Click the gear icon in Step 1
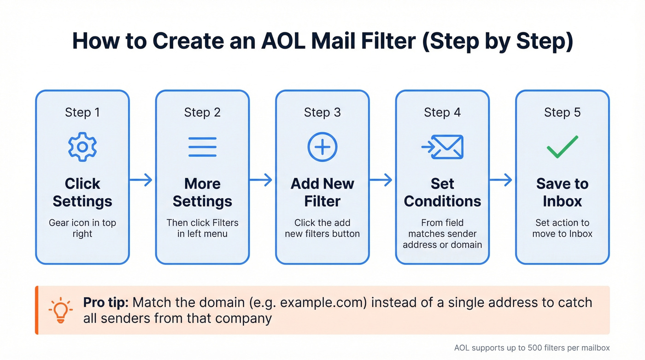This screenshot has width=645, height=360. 82,147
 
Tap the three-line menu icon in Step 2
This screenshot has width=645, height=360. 202,147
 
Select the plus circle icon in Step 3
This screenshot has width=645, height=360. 322,147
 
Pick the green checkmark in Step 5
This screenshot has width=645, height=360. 562,147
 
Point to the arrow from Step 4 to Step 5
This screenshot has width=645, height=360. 502,180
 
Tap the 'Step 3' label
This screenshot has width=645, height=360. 322,112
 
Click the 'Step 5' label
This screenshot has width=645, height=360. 562,112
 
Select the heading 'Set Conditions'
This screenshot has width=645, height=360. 442,192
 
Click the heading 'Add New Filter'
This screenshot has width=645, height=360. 322,192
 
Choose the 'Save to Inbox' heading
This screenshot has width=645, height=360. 562,192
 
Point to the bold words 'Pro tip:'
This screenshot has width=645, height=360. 107,303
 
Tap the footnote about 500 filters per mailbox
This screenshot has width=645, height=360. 532,348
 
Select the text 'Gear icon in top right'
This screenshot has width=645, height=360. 82,228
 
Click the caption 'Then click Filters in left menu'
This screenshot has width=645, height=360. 202,228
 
